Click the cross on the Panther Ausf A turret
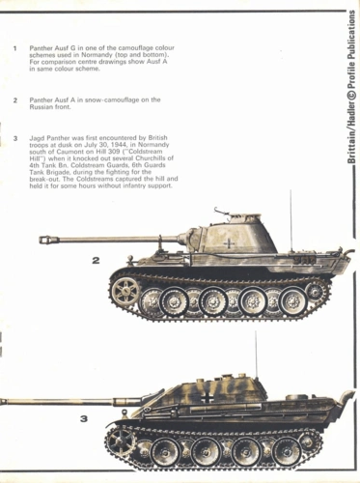229,243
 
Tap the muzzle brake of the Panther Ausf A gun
49,240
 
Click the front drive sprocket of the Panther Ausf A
125,291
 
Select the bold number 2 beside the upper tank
96,260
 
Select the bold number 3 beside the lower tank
84,419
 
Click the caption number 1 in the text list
14,48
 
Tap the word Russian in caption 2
41,107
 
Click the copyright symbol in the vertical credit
351,96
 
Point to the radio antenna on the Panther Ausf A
291,221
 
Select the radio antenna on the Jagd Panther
257,355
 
